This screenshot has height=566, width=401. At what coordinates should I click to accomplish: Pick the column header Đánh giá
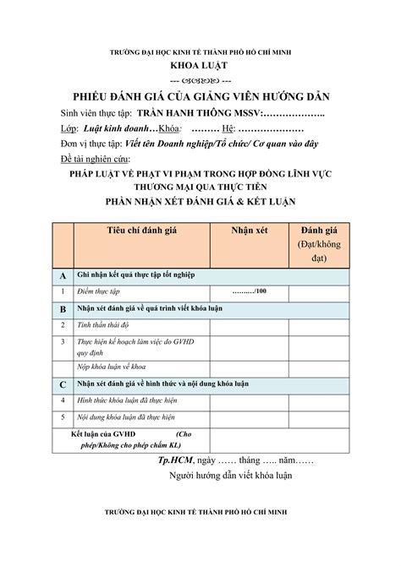click(319, 231)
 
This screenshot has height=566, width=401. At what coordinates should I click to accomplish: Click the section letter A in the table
click(63, 276)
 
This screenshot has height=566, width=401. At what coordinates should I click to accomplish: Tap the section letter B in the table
click(63, 310)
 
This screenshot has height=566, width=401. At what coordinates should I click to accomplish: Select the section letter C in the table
click(63, 384)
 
